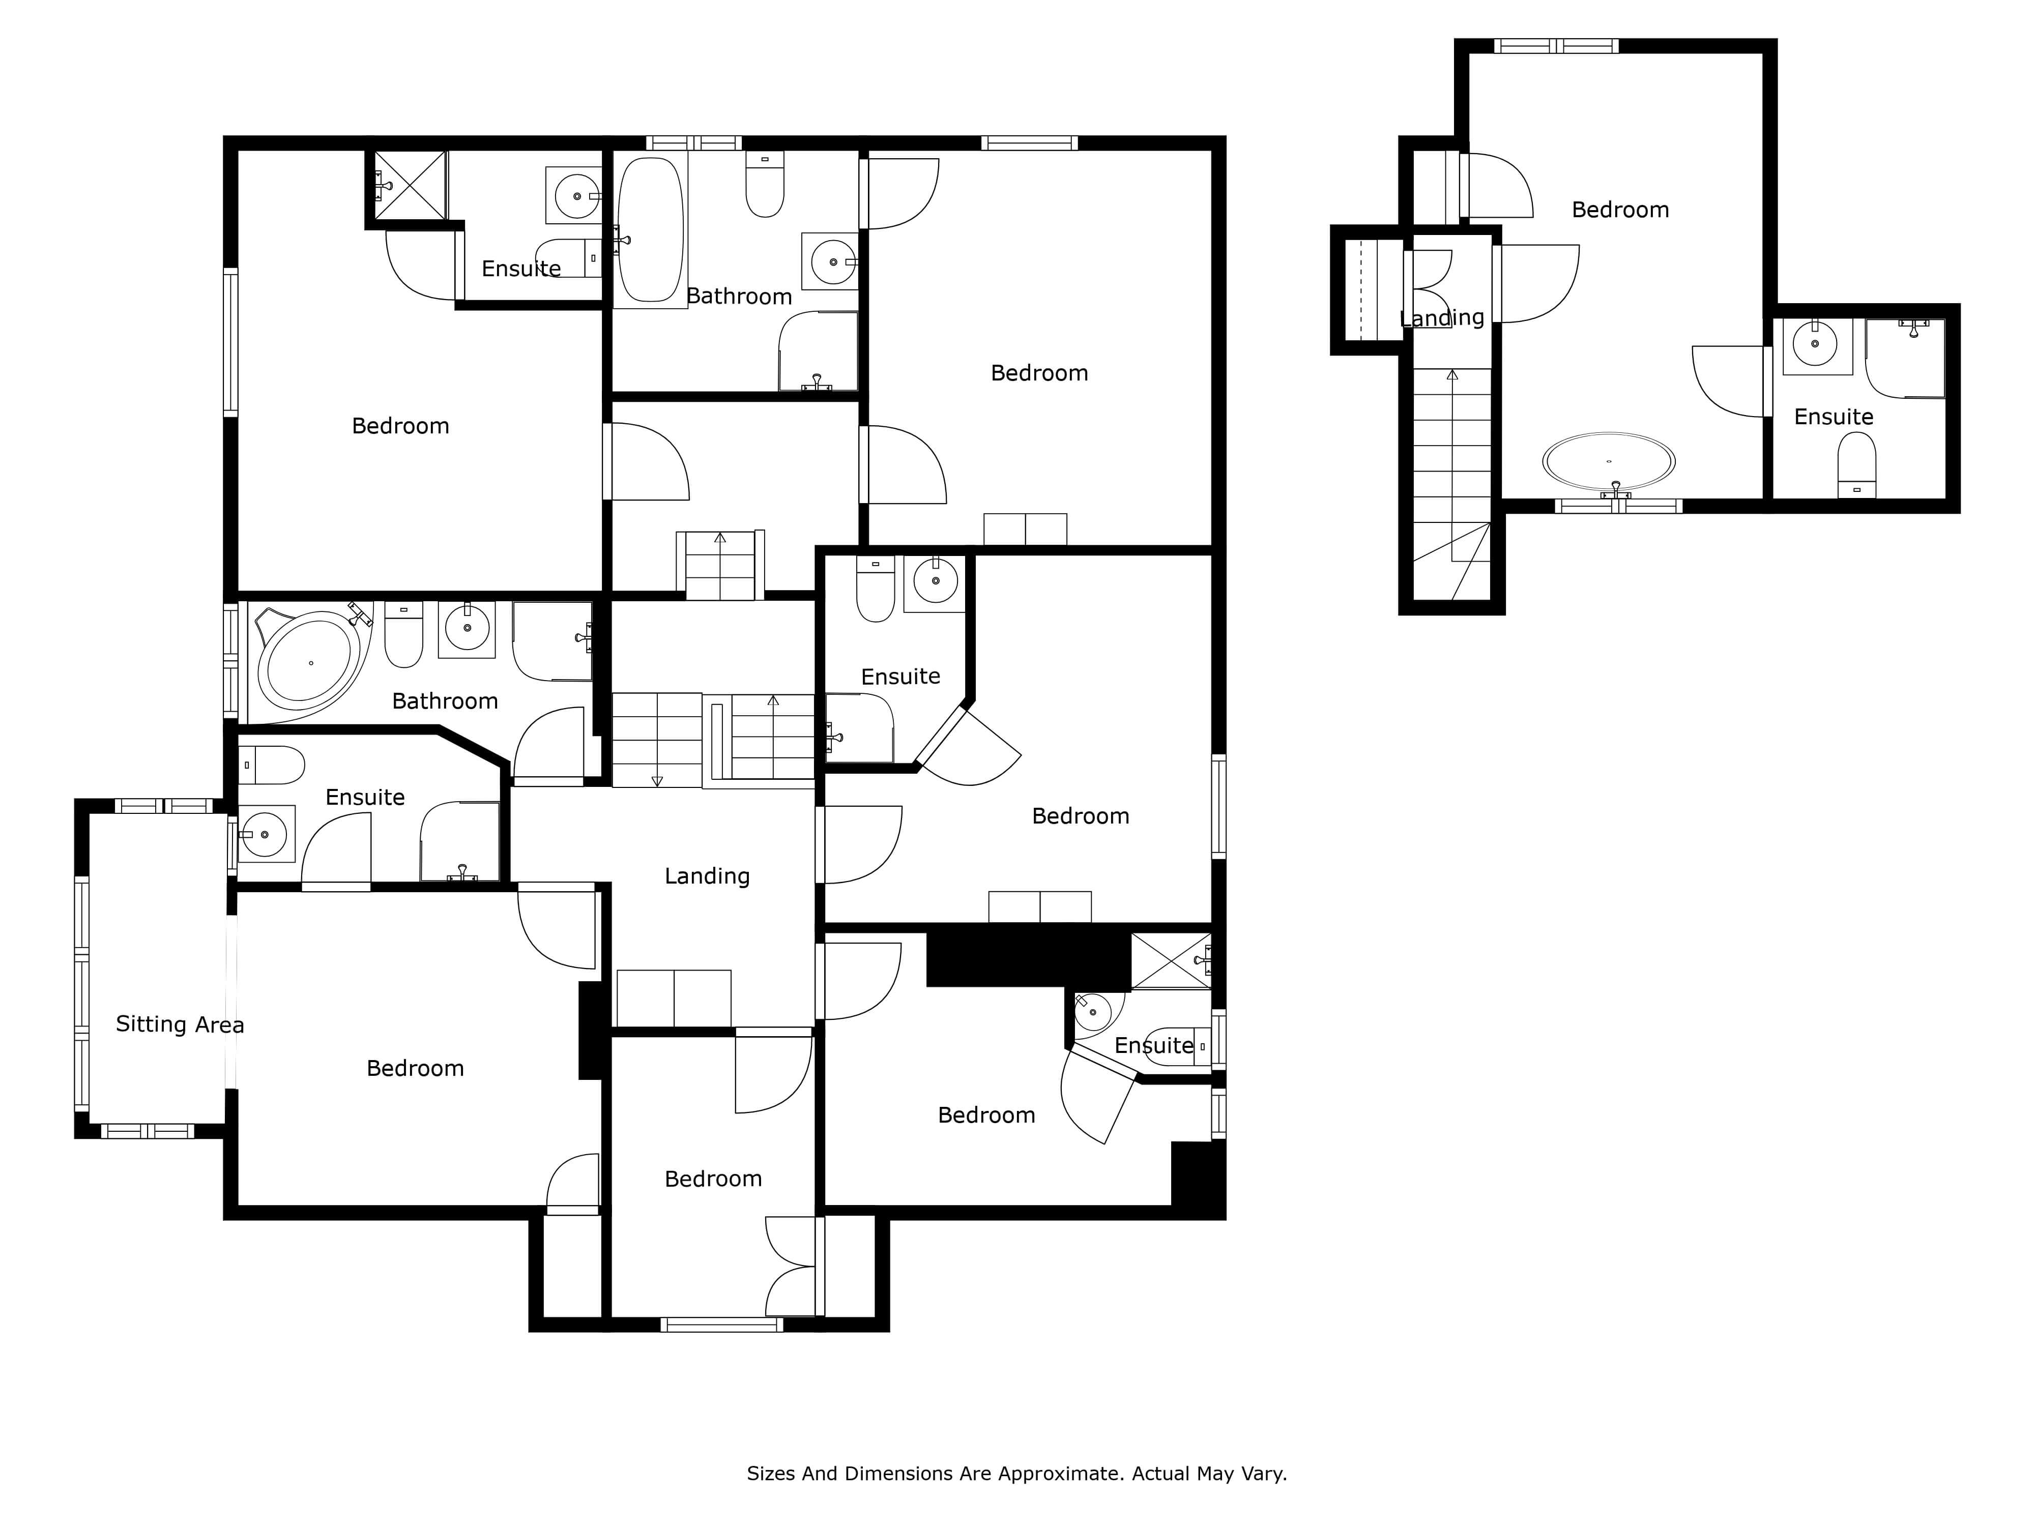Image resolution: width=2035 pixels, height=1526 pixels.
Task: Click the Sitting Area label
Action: click(x=180, y=1024)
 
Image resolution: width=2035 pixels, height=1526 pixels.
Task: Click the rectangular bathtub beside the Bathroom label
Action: click(x=650, y=230)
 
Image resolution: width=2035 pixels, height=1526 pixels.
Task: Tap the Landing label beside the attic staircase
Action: click(x=1442, y=318)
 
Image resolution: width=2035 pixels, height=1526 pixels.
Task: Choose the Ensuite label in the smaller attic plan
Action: click(x=1834, y=417)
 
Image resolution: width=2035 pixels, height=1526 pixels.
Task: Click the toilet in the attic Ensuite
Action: click(x=1856, y=464)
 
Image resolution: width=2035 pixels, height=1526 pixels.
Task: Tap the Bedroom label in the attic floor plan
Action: click(x=1620, y=210)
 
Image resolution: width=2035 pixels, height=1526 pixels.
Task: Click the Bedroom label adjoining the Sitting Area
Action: click(x=415, y=1068)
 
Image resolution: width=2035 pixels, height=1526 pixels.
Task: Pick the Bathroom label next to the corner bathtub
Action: click(x=445, y=701)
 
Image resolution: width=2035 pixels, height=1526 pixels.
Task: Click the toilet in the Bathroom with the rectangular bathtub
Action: click(x=765, y=184)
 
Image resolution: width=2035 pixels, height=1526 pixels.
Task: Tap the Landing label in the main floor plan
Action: click(x=708, y=876)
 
